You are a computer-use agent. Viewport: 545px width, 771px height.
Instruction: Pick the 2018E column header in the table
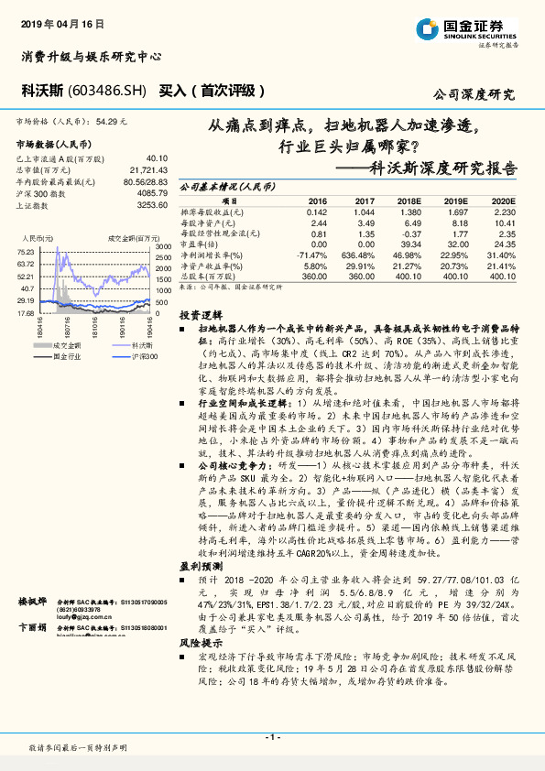[x=409, y=200]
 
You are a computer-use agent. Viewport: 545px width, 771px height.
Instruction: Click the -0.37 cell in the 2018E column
[x=409, y=233]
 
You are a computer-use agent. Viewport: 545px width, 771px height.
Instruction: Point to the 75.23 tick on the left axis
[x=26, y=252]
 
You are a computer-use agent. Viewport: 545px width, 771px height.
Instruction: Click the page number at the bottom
[x=272, y=736]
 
